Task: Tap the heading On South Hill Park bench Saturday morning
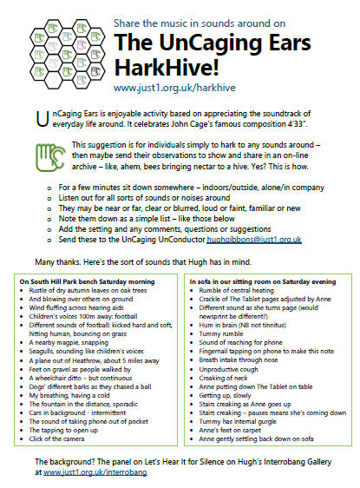click(x=93, y=282)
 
